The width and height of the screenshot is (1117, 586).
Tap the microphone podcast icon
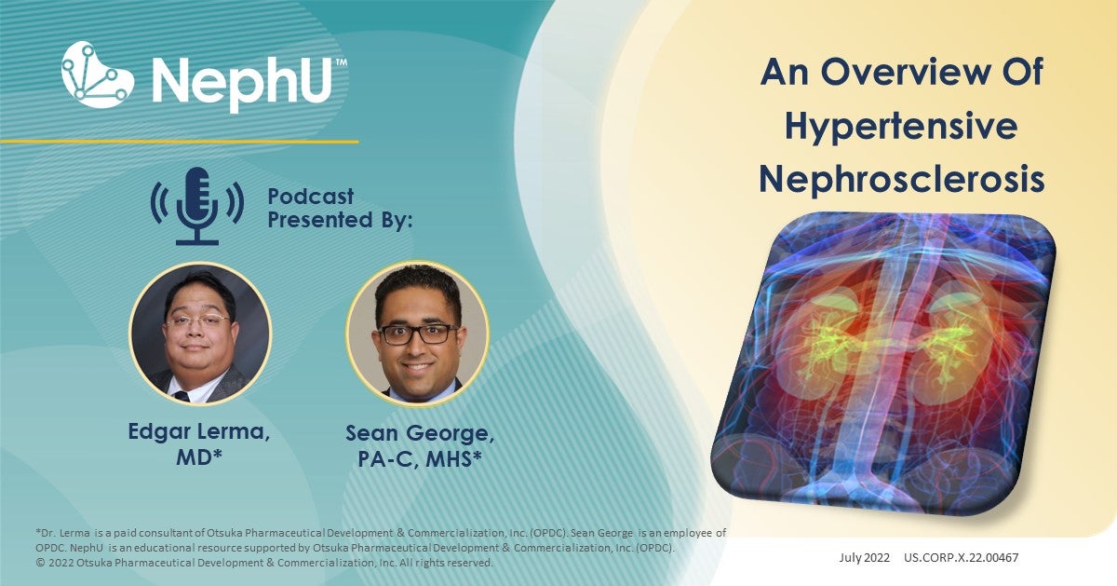(x=196, y=204)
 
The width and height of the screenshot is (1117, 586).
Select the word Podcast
(x=311, y=197)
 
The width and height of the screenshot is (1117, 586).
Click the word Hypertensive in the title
(x=901, y=126)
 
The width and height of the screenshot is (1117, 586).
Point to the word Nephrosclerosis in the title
(x=901, y=180)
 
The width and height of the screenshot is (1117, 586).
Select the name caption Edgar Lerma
(x=199, y=432)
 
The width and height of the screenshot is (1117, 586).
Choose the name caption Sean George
(x=417, y=433)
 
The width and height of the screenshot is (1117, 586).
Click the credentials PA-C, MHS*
(x=417, y=459)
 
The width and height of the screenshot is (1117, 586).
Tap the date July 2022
(x=862, y=559)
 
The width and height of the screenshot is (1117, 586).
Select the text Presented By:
(x=340, y=222)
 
